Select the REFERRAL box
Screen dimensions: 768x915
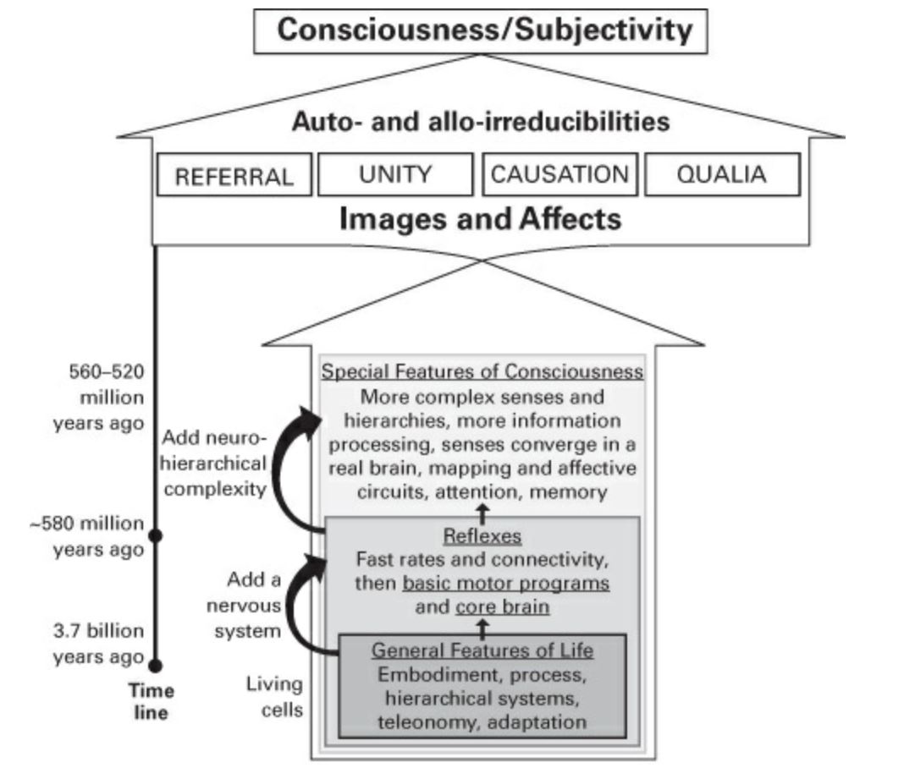pyautogui.click(x=234, y=176)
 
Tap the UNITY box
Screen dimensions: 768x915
pyautogui.click(x=394, y=174)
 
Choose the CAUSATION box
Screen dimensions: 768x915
pyautogui.click(x=560, y=174)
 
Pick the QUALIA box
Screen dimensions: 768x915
pyautogui.click(x=722, y=174)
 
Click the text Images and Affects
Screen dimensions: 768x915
pyautogui.click(x=480, y=219)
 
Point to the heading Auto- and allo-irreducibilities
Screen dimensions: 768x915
pyautogui.click(x=480, y=122)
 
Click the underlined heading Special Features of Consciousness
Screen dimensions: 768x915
pyautogui.click(x=483, y=372)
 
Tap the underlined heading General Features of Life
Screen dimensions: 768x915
pyautogui.click(x=483, y=651)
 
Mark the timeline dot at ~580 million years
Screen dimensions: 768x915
pyautogui.click(x=155, y=535)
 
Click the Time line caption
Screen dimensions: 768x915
pyautogui.click(x=152, y=701)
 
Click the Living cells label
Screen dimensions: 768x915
pyautogui.click(x=274, y=696)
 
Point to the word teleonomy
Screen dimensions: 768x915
pyautogui.click(x=430, y=721)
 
